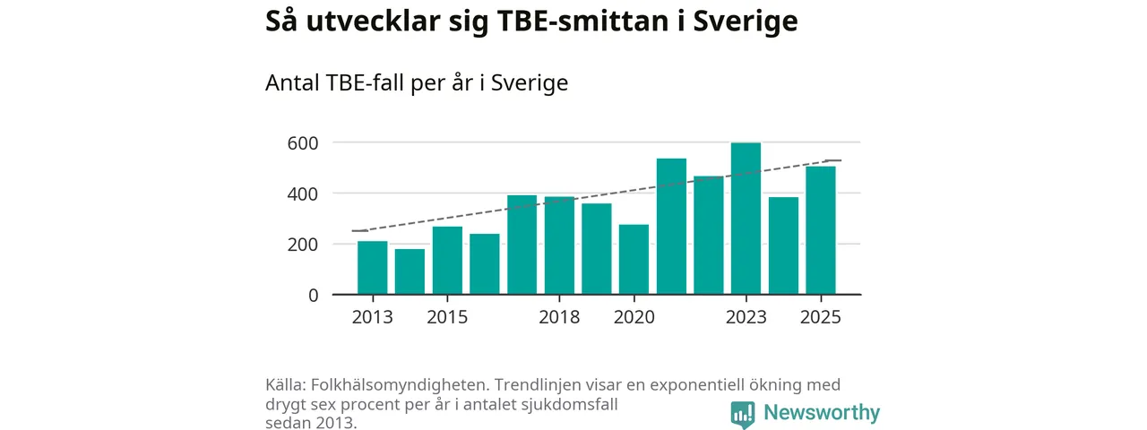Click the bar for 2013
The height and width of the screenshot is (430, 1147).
[372, 267]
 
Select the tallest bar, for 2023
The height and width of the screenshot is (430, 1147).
[746, 219]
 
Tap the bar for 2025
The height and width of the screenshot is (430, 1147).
[820, 230]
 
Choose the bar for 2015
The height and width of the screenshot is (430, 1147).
[447, 260]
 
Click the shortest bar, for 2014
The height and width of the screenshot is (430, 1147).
[410, 271]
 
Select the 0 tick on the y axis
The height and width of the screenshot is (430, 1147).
[312, 295]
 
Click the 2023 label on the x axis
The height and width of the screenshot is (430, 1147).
[746, 317]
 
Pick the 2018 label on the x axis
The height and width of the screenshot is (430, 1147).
[559, 317]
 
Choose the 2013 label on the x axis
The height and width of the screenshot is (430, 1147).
[372, 317]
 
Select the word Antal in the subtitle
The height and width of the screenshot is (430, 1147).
[292, 83]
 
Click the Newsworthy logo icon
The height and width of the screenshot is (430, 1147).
[743, 413]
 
